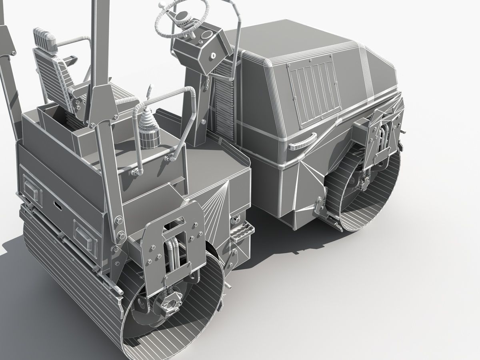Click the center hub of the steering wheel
point(182,16)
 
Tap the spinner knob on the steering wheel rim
point(162,6)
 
